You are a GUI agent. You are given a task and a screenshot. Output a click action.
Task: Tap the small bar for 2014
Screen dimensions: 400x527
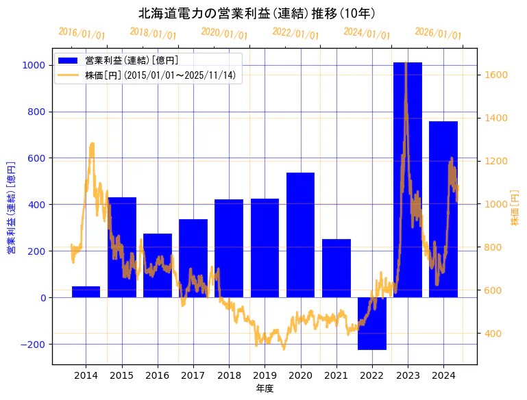point(86,292)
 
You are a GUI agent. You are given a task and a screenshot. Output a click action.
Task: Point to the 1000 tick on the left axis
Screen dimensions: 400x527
point(34,65)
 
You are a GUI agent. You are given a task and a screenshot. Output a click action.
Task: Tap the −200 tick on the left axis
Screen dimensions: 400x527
point(32,344)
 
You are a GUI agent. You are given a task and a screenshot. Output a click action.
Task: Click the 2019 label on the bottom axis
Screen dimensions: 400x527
point(265,375)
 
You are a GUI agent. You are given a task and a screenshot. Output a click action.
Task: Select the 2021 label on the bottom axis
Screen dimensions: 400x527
point(336,375)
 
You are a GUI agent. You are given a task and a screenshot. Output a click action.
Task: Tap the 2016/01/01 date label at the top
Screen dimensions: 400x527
point(82,34)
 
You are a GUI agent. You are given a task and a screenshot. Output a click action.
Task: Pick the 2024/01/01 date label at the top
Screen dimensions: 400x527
point(367,34)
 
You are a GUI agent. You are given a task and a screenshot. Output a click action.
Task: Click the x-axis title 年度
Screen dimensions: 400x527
point(265,388)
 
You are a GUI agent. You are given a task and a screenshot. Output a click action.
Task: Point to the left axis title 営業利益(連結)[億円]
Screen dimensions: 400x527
point(10,208)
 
